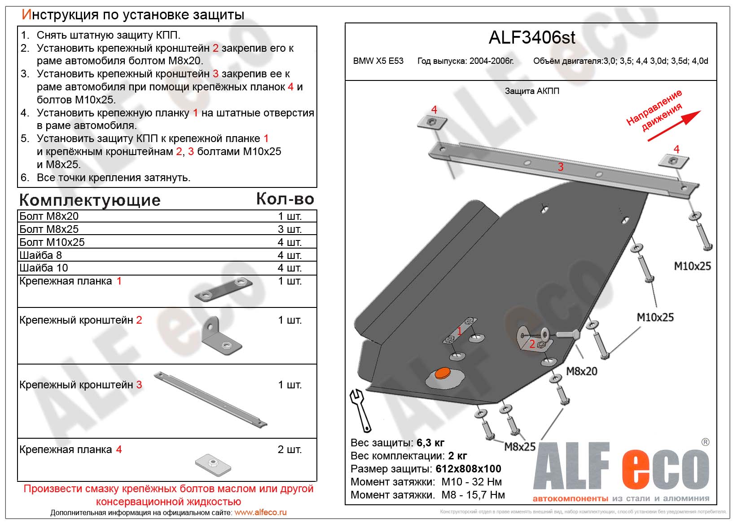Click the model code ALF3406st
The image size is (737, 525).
pyautogui.click(x=531, y=38)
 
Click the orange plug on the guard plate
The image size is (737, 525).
pyautogui.click(x=443, y=373)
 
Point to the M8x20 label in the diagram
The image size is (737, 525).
pyautogui.click(x=581, y=371)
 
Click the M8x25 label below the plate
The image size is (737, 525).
pyautogui.click(x=520, y=447)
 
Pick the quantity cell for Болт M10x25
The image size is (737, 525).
pyautogui.click(x=290, y=242)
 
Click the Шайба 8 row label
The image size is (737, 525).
pyautogui.click(x=41, y=255)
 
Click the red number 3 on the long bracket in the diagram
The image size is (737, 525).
pyautogui.click(x=561, y=167)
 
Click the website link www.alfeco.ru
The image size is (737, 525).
pyautogui.click(x=260, y=512)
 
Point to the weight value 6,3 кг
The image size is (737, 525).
pyautogui.click(x=430, y=443)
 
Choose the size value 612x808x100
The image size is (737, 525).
pyautogui.click(x=468, y=469)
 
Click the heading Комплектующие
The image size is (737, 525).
pyautogui.click(x=90, y=200)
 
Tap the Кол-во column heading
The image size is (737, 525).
pyautogui.click(x=285, y=199)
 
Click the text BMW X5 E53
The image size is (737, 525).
pyautogui.click(x=378, y=61)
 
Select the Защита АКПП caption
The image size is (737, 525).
pyautogui.click(x=532, y=91)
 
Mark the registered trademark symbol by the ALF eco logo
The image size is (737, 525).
pyautogui.click(x=706, y=442)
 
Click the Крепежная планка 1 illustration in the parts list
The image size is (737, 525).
pyautogui.click(x=224, y=289)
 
